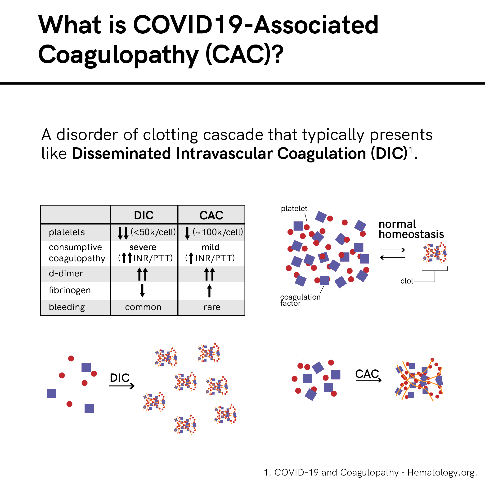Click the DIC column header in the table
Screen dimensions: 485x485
click(144, 215)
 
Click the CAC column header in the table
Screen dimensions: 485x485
click(211, 215)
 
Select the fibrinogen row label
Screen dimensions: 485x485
click(70, 290)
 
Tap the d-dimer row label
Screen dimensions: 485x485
click(66, 273)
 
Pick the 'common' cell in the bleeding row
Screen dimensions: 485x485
click(143, 307)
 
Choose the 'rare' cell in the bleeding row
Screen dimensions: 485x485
click(212, 307)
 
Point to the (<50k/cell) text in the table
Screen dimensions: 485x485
click(153, 232)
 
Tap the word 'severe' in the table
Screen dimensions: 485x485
click(143, 247)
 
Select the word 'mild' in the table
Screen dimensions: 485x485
click(211, 247)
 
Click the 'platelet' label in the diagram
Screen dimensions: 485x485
click(294, 209)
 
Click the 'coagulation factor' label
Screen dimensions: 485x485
click(300, 300)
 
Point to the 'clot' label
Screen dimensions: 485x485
click(407, 281)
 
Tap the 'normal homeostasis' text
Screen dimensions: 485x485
click(411, 229)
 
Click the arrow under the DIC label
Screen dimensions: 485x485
click(122, 386)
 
